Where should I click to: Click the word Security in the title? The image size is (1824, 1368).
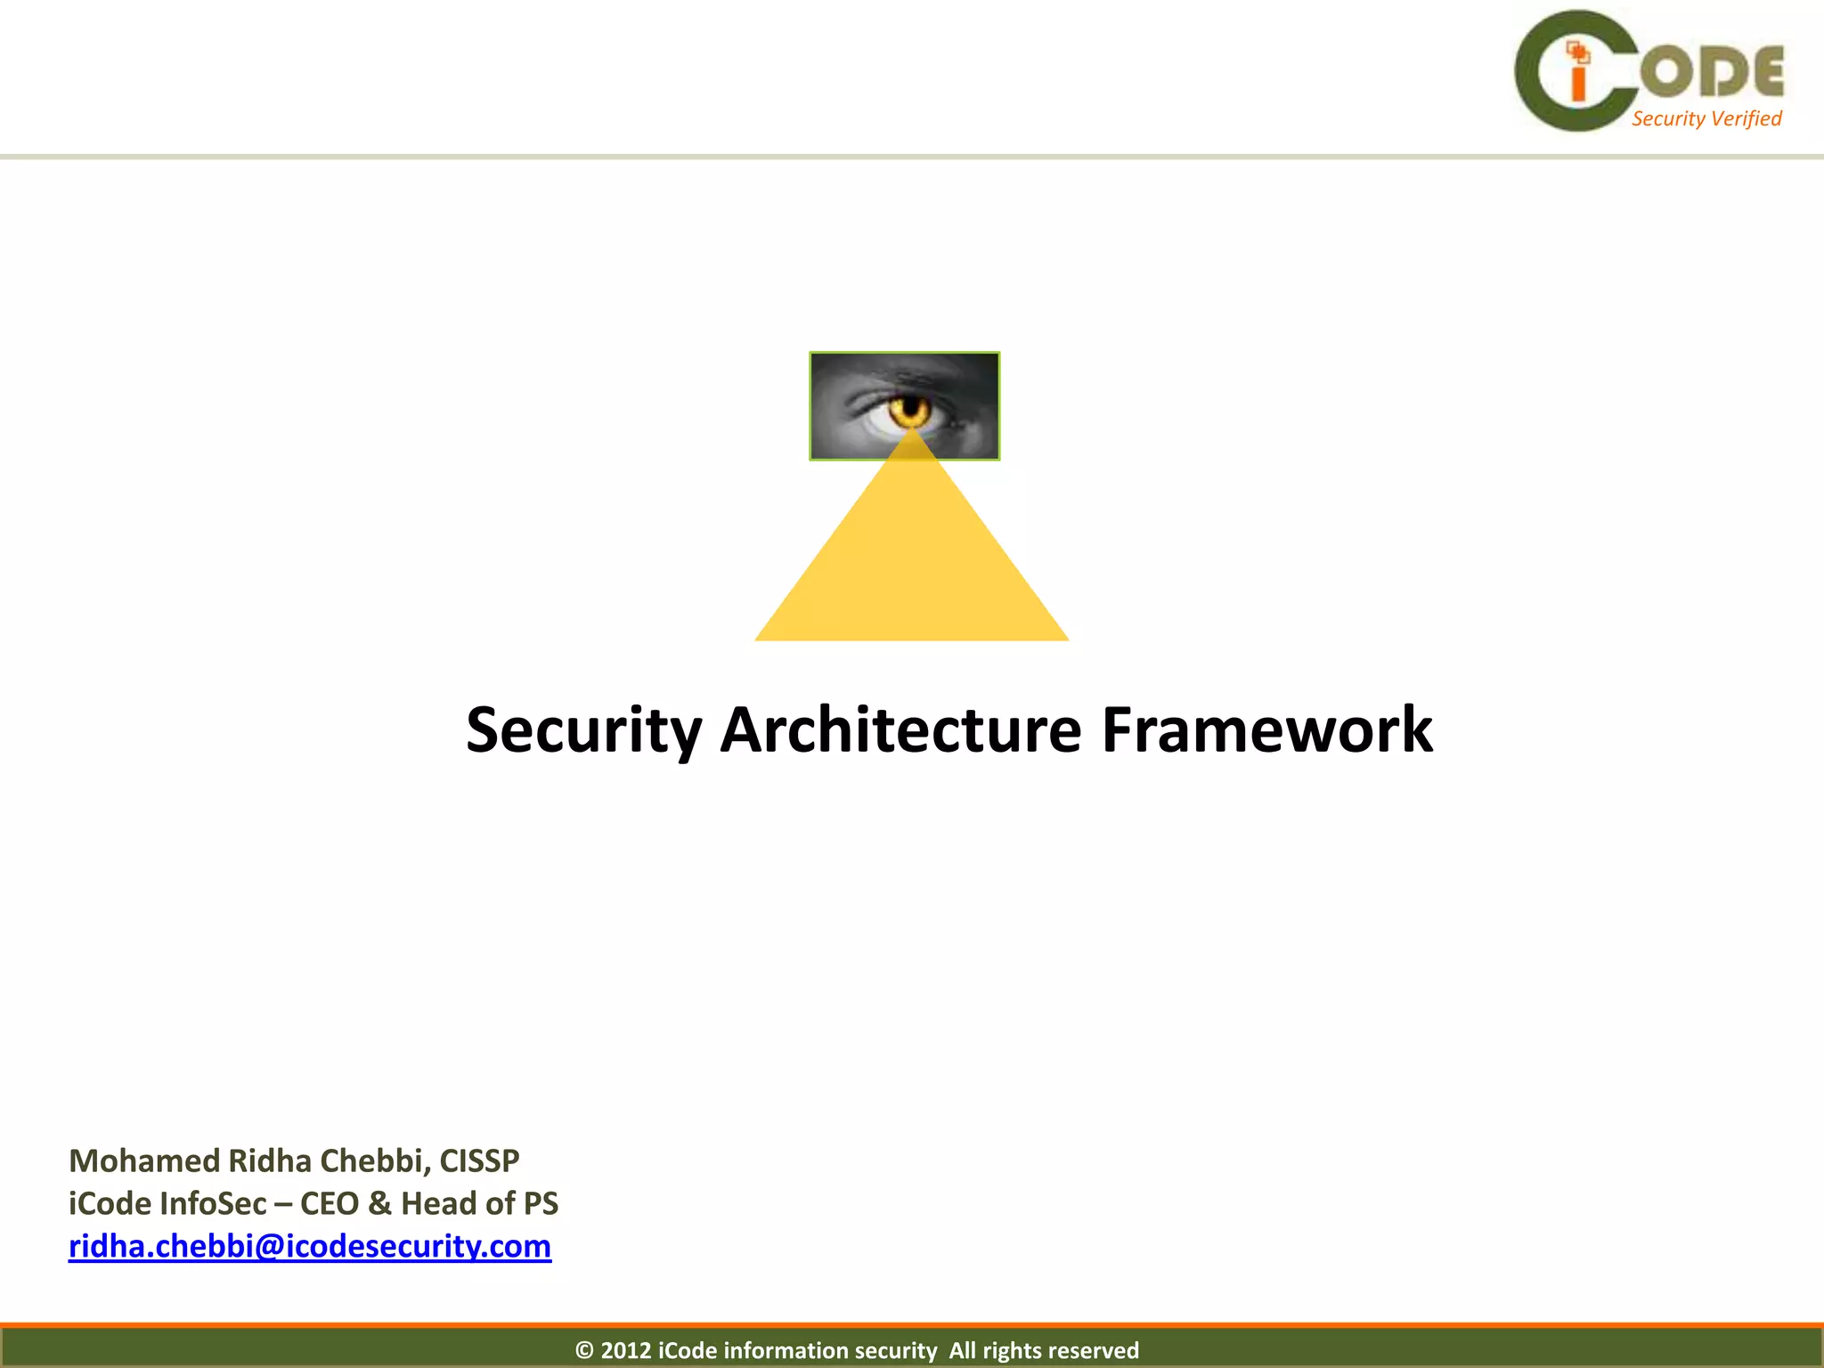pos(583,731)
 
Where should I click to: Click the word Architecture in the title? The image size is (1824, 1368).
pos(900,729)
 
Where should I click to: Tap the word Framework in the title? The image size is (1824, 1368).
pos(1266,729)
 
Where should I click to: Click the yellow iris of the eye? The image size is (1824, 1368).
pos(910,411)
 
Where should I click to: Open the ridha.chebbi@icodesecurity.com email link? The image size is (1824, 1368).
pos(310,1246)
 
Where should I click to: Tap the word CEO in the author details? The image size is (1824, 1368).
pos(330,1203)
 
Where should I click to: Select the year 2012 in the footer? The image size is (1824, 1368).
pos(626,1350)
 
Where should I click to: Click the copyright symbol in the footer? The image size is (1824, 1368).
pos(584,1351)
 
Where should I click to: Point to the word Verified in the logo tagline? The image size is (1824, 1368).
pos(1746,118)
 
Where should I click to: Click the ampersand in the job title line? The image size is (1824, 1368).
pos(379,1203)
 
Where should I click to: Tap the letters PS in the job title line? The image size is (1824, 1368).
pos(541,1203)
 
